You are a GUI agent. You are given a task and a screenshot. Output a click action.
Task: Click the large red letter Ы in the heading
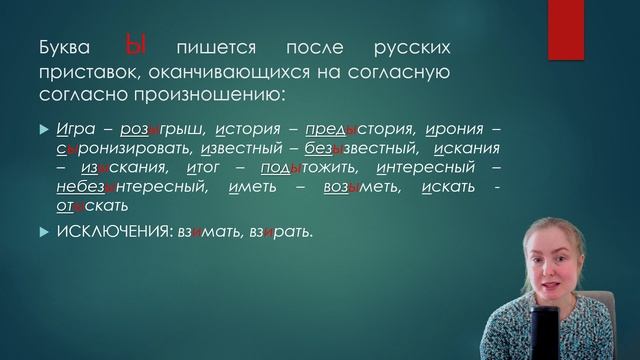[137, 46]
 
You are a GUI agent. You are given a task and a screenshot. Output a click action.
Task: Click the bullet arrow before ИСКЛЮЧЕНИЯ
[42, 232]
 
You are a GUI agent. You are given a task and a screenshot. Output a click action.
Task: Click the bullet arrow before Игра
[42, 130]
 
